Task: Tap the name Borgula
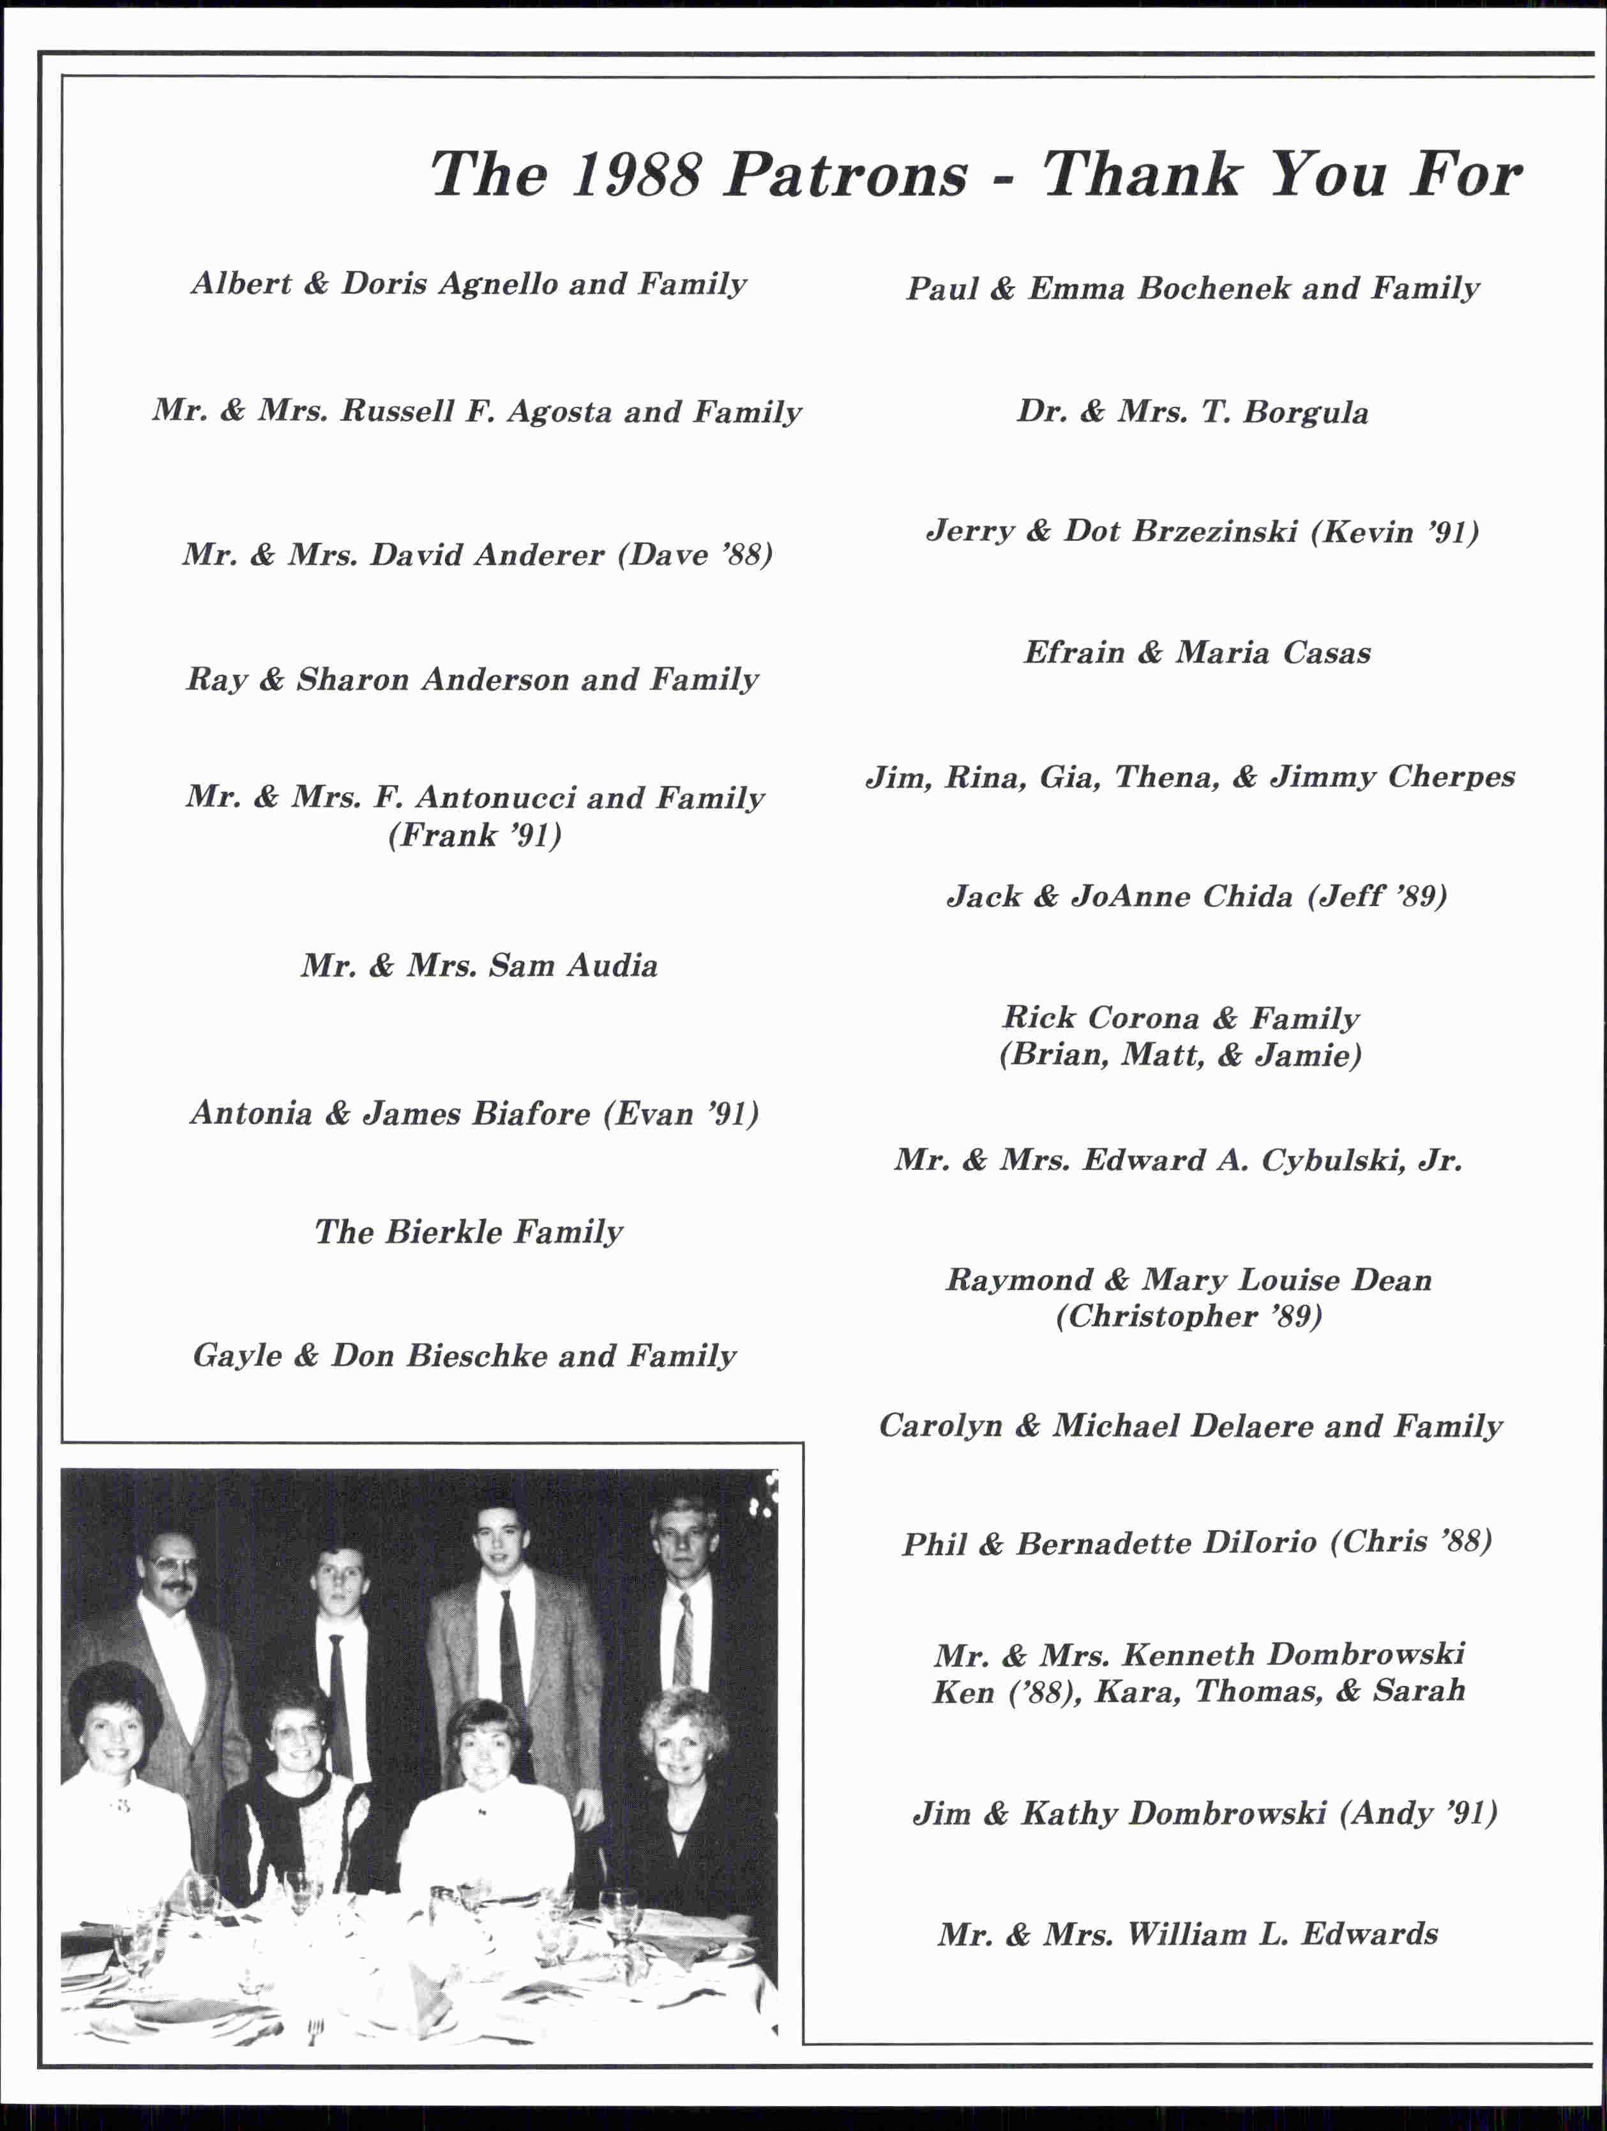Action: (x=1306, y=413)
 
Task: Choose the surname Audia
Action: (x=612, y=966)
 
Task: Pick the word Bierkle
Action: (x=444, y=1232)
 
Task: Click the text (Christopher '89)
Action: (x=1189, y=1316)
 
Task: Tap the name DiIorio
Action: (x=1262, y=1542)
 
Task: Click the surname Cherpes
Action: (x=1451, y=777)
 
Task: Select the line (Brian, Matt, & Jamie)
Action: (x=1181, y=1055)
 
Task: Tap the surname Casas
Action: (x=1325, y=653)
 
